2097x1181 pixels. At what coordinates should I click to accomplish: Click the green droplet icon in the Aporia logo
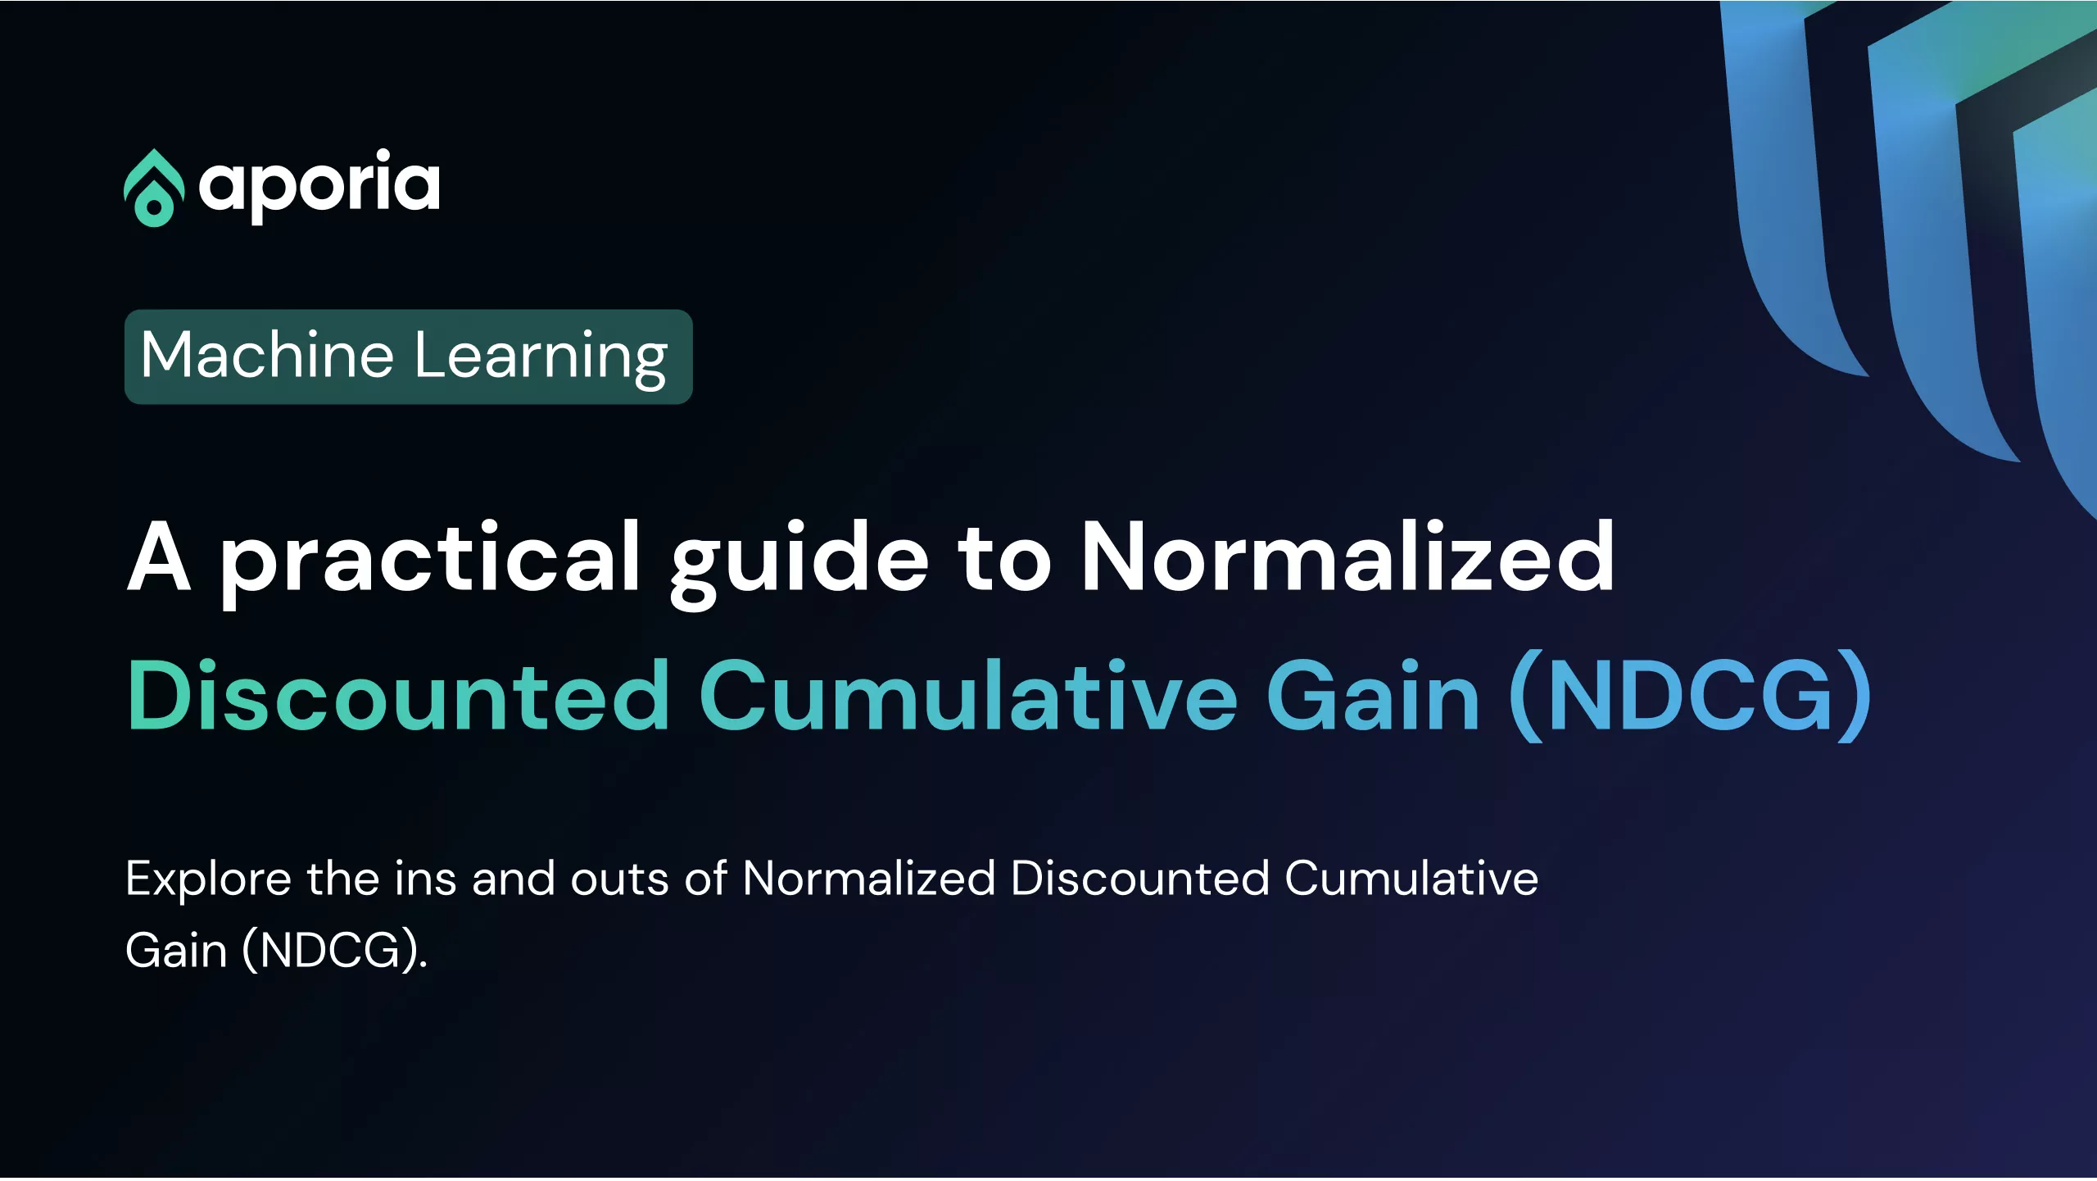click(153, 188)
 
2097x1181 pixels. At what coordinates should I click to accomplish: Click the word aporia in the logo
click(319, 186)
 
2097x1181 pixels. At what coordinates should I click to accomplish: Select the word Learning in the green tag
click(541, 357)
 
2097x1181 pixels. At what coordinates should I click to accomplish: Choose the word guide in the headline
click(799, 563)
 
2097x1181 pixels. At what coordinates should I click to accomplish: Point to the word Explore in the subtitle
click(208, 880)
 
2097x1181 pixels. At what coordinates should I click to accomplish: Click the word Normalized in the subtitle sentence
click(869, 879)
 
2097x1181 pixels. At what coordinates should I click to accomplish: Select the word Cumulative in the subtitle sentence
click(1411, 879)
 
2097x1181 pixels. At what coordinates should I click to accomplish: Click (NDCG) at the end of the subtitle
click(335, 951)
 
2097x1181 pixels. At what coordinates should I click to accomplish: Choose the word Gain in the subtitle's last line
click(176, 951)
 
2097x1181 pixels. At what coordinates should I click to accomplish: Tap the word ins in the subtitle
click(425, 879)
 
